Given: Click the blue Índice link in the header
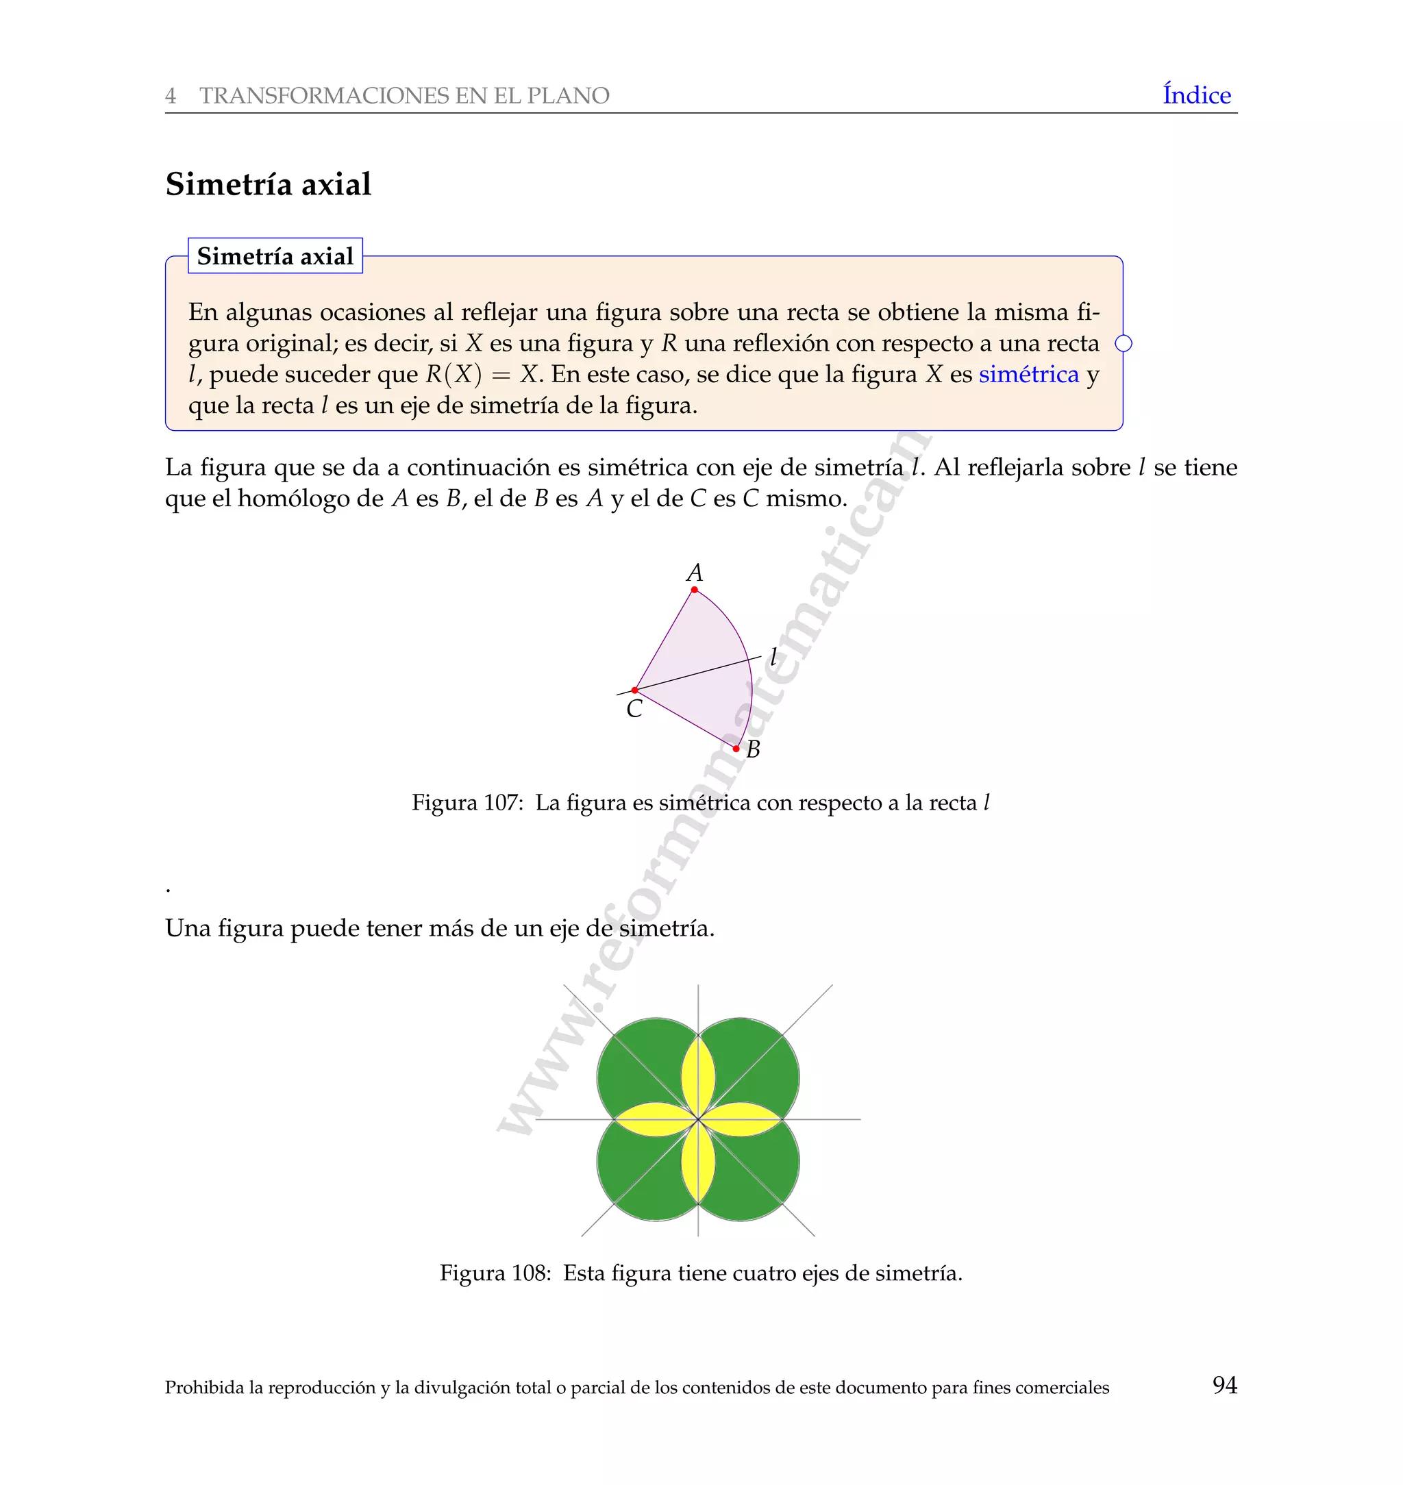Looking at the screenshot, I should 1196,95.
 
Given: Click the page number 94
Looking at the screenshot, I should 1224,1385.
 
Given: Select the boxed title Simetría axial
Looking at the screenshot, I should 275,256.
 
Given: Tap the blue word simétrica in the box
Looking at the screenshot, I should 1028,374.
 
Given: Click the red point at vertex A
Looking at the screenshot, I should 694,590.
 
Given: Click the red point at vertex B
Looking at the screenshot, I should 736,749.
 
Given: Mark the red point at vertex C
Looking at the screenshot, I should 634,690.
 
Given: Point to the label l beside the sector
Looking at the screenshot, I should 773,658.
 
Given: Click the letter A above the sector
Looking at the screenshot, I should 694,573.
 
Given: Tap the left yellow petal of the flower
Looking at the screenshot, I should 655,1119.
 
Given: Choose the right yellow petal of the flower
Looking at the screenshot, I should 741,1119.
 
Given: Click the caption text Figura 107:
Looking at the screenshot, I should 467,803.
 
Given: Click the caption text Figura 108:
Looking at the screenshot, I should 495,1273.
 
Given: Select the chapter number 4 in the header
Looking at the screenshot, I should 171,96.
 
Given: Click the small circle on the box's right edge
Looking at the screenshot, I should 1123,343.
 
